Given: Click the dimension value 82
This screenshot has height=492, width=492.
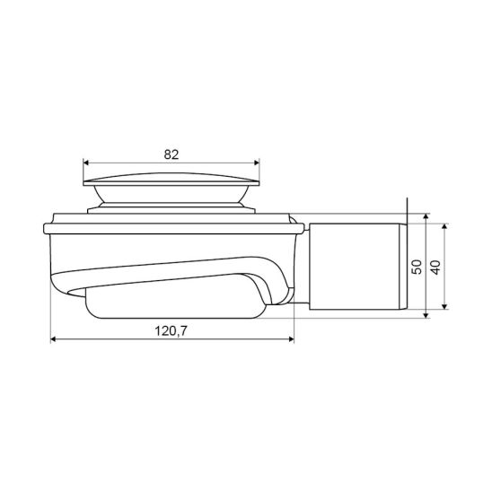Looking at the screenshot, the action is click(x=171, y=154).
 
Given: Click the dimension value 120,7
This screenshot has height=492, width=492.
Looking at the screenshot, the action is click(x=171, y=330).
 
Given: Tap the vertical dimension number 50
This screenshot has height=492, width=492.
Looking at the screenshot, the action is click(x=417, y=267).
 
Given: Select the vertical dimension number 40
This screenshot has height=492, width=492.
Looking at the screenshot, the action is click(x=435, y=268).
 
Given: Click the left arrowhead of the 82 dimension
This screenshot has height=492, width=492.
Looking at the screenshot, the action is click(x=86, y=163).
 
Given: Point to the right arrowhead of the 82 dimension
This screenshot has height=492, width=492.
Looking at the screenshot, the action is click(x=257, y=163).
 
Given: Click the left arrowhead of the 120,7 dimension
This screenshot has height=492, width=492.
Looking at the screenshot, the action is click(x=53, y=339).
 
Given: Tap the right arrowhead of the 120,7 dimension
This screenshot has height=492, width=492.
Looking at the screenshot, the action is click(x=291, y=339).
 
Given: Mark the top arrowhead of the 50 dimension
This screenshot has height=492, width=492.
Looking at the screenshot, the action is click(x=426, y=216).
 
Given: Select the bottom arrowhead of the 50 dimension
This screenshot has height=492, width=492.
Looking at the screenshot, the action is click(x=426, y=315).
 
